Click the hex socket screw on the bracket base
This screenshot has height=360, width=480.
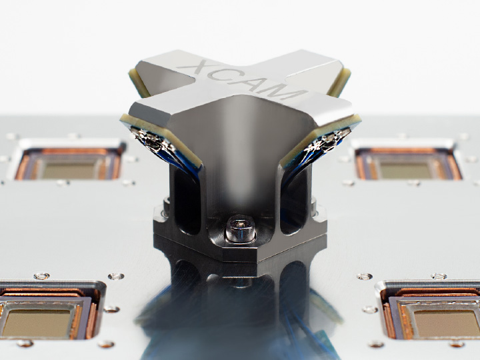240,229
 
